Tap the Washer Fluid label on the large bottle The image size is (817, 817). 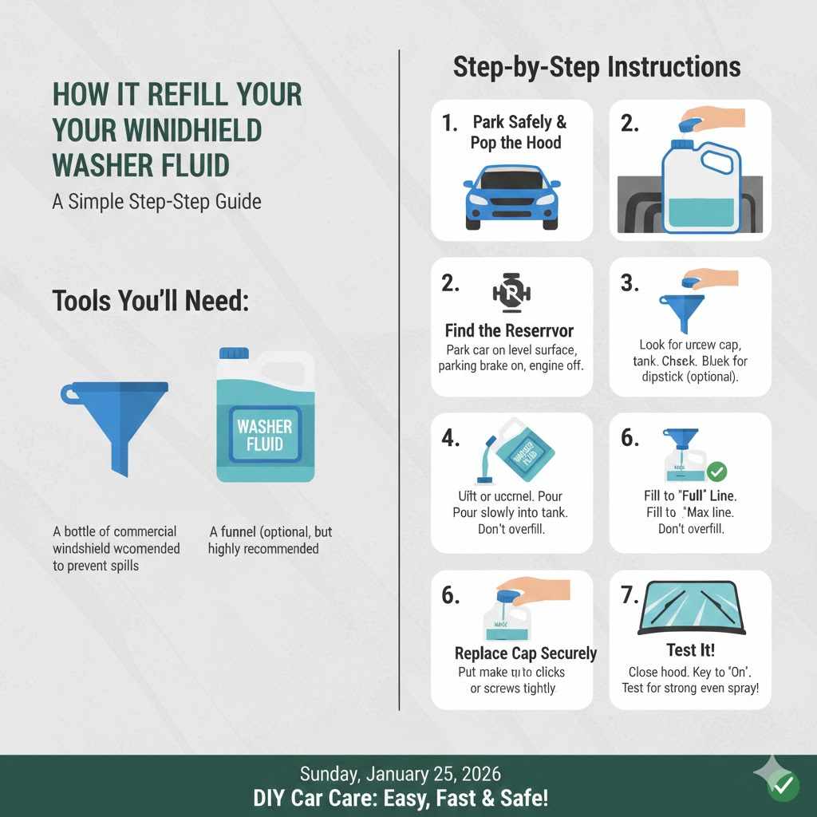pos(265,436)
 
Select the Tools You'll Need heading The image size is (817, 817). pos(151,301)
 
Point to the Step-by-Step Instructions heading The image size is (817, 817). pos(597,66)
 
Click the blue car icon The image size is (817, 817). pos(511,196)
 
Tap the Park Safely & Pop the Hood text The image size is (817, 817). pos(519,132)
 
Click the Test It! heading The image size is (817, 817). pos(690,650)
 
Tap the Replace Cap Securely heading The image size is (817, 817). pos(526,653)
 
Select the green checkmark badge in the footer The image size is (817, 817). pos(783,786)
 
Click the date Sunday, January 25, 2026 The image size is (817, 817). pos(400,773)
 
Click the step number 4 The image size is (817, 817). pos(452,439)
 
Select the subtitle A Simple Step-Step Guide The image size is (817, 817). pos(156,201)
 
